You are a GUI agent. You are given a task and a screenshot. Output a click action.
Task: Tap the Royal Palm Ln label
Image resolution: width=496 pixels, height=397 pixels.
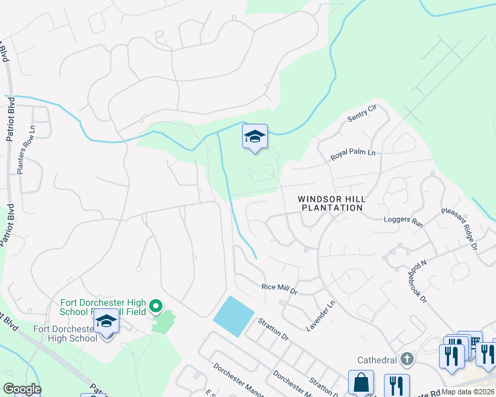pyautogui.click(x=353, y=156)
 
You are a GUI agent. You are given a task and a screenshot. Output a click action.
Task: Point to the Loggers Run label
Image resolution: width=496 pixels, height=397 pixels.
pyautogui.click(x=403, y=222)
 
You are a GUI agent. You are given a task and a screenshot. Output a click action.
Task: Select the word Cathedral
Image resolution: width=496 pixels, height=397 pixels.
pyautogui.click(x=376, y=360)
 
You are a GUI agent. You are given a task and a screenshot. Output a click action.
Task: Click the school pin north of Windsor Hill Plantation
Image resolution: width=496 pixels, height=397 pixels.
pyautogui.click(x=255, y=137)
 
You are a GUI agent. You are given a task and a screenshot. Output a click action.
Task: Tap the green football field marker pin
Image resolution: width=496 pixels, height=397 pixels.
pyautogui.click(x=156, y=305)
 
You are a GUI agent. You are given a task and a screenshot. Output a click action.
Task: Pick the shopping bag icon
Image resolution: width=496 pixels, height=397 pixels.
pyautogui.click(x=361, y=383)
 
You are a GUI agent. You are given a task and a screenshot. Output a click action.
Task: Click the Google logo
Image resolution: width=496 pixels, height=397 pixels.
pyautogui.click(x=21, y=389)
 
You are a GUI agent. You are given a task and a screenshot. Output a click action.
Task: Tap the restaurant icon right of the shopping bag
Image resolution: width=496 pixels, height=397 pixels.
pyautogui.click(x=397, y=385)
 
